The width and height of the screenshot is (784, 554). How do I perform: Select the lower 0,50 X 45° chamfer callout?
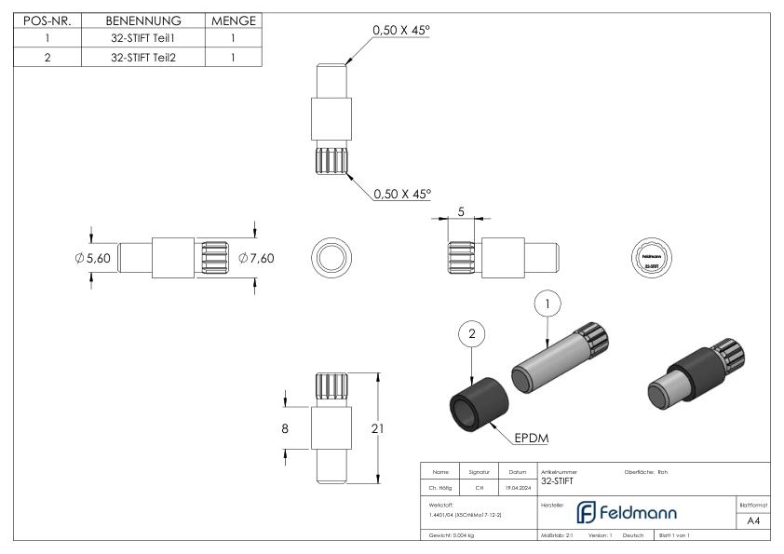coord(401,195)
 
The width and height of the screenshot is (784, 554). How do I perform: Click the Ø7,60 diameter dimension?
coord(256,258)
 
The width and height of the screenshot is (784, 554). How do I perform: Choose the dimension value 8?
coord(285,428)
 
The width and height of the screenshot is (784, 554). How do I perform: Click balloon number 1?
coord(548,304)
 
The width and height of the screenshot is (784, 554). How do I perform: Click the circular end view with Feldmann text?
coord(649,258)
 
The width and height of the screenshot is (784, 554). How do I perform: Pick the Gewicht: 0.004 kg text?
coord(453,537)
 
